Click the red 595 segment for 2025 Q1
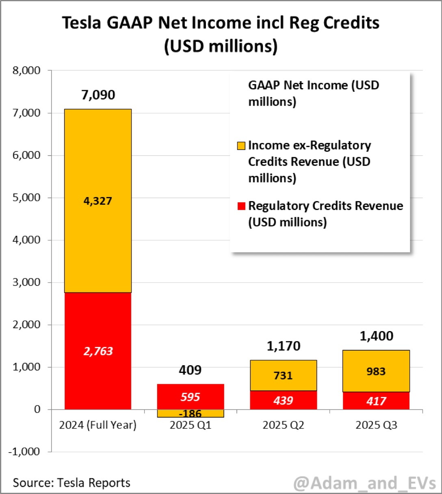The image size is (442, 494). point(191,396)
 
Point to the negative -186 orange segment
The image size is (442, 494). point(191,414)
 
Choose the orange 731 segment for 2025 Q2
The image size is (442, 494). point(283,375)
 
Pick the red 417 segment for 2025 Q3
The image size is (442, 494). point(376,401)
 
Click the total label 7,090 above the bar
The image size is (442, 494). point(98,95)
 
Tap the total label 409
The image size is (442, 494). point(190,370)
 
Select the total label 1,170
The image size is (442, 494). point(283,346)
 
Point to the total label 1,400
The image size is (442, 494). point(376,336)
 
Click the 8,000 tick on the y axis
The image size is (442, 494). point(26,71)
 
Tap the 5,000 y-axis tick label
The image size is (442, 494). point(26,198)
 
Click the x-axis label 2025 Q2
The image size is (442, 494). point(283,425)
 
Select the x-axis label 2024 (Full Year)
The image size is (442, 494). point(98,425)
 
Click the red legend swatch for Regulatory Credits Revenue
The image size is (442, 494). point(241,206)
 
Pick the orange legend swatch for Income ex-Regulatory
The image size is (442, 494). point(241,145)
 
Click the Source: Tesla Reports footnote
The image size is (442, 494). point(71,483)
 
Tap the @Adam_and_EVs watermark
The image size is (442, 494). point(364,483)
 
